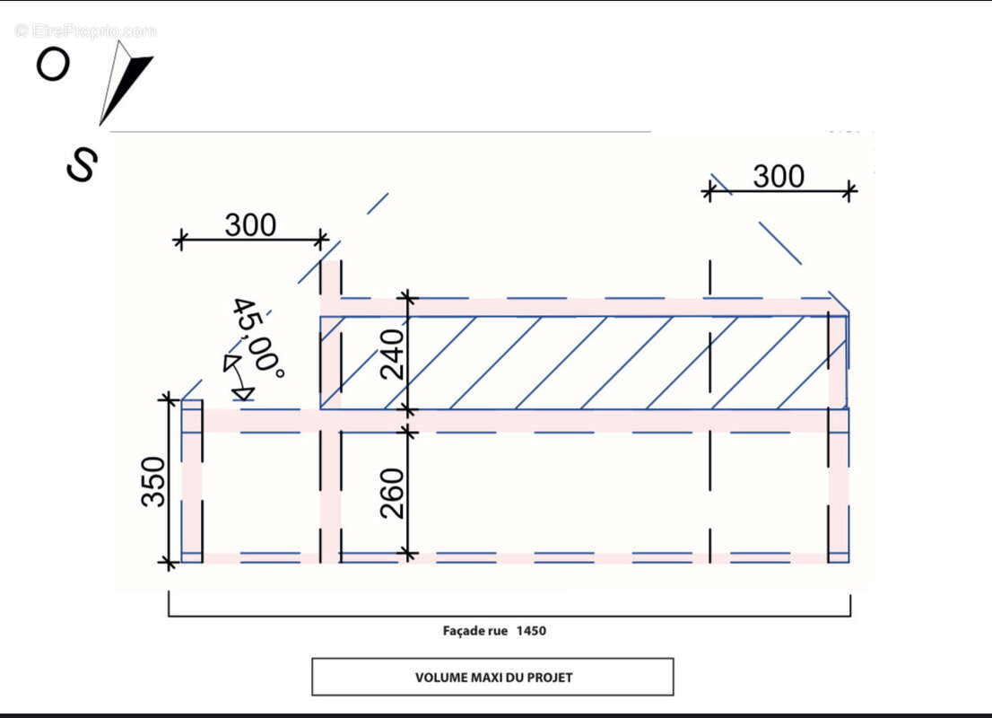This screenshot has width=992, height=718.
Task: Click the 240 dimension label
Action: (392, 354)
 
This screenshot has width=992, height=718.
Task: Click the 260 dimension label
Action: (392, 494)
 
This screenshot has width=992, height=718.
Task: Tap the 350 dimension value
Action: (153, 482)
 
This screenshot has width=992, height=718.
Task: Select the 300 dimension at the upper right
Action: (779, 176)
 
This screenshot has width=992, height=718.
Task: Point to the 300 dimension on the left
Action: (250, 224)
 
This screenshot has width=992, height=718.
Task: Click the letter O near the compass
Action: (53, 65)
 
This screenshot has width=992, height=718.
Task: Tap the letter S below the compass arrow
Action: (83, 164)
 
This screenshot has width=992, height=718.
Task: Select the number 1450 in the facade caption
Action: (531, 631)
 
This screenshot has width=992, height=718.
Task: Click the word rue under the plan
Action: (498, 631)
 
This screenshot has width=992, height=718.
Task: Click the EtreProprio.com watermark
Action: (86, 31)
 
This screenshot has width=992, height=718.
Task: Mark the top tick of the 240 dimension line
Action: (408, 297)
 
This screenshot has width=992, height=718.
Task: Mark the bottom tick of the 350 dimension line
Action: (169, 562)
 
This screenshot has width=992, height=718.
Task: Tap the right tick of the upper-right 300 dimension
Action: (850, 190)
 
